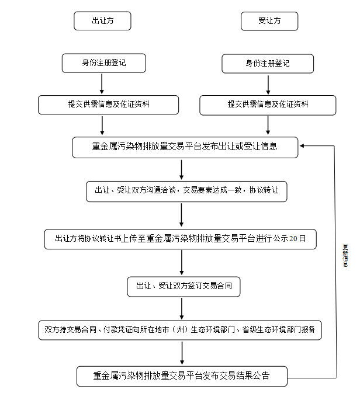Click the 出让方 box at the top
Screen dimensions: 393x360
click(102, 21)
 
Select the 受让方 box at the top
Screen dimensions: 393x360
click(269, 21)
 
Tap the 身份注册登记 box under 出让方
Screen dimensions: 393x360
click(103, 63)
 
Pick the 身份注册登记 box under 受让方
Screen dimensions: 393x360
click(268, 64)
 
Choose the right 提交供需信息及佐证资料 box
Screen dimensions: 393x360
click(268, 105)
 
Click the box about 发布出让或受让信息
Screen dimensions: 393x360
click(185, 147)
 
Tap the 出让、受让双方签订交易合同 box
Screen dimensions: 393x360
click(184, 286)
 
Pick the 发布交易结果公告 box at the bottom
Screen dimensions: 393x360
click(182, 375)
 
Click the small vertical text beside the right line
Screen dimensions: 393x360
click(345, 255)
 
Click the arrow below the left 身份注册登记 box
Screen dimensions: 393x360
click(102, 84)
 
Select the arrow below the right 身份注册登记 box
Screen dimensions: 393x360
click(268, 84)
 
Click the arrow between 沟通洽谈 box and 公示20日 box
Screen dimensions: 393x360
click(182, 215)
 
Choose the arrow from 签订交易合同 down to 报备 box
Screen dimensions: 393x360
click(182, 308)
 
